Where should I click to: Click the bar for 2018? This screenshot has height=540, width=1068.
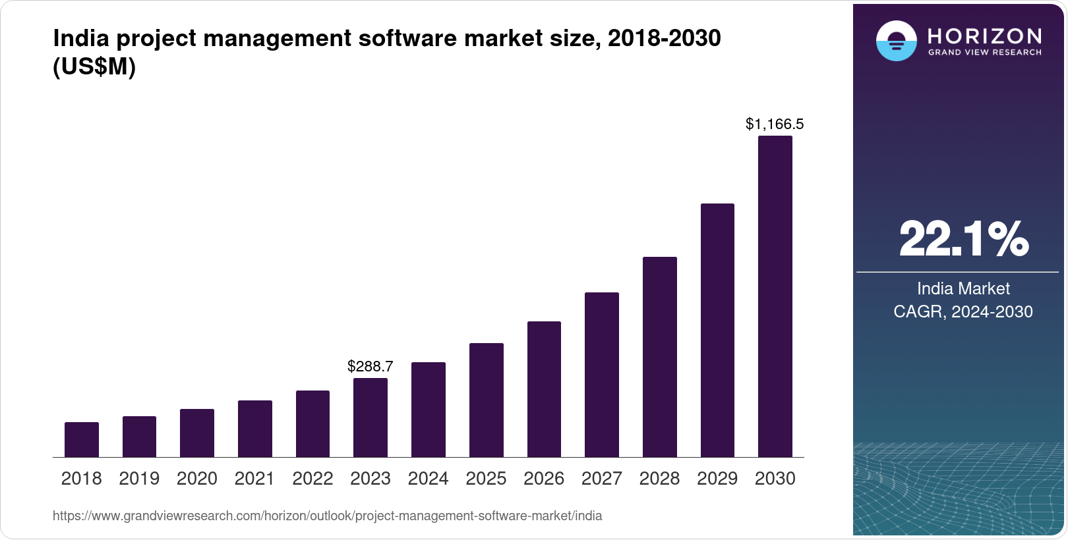point(82,440)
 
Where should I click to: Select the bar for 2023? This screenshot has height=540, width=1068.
point(371,418)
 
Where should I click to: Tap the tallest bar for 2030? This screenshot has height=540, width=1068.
point(775,296)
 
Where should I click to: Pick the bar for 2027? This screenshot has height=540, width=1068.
point(602,375)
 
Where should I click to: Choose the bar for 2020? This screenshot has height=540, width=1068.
point(197,433)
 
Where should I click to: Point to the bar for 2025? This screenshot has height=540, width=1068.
point(487,400)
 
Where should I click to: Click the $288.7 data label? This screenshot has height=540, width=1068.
point(371,366)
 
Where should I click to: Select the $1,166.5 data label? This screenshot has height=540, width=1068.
point(775,124)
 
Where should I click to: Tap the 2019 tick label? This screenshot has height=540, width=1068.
point(139,479)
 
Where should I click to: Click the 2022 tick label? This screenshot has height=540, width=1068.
point(312,479)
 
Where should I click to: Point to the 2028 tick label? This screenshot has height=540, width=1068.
point(659,479)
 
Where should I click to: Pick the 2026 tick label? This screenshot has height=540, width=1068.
point(544,479)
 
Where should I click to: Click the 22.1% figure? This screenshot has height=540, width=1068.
point(963,239)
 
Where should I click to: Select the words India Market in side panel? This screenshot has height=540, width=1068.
point(963,288)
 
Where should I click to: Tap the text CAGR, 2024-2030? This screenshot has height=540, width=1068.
point(963,311)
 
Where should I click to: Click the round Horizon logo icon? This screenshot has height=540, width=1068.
point(896,41)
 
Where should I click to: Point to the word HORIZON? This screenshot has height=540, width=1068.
point(985,36)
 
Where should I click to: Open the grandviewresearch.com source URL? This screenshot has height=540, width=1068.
point(328,516)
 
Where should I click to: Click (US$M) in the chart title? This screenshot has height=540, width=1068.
point(94,67)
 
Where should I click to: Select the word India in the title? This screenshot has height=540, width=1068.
point(80,38)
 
